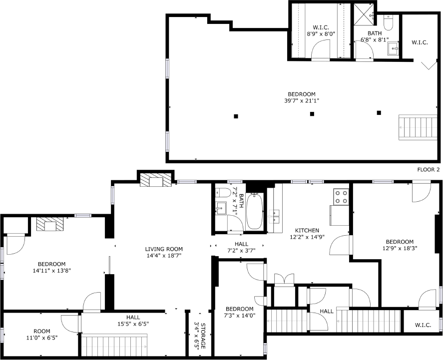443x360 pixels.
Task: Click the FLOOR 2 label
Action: tap(428, 170)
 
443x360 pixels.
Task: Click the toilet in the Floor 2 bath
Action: tap(389, 22)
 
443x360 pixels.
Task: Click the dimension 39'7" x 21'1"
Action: tap(302, 101)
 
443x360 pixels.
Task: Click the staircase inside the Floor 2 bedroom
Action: tap(418, 127)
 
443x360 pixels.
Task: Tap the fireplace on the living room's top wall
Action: tap(156, 180)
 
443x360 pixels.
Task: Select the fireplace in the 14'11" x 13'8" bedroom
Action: tap(49, 225)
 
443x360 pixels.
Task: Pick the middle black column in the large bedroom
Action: tap(312, 114)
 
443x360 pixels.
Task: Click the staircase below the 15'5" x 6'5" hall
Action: tap(114, 345)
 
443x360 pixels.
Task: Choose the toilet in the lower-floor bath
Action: tap(223, 193)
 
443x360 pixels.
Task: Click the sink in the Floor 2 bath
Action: tap(394, 49)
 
